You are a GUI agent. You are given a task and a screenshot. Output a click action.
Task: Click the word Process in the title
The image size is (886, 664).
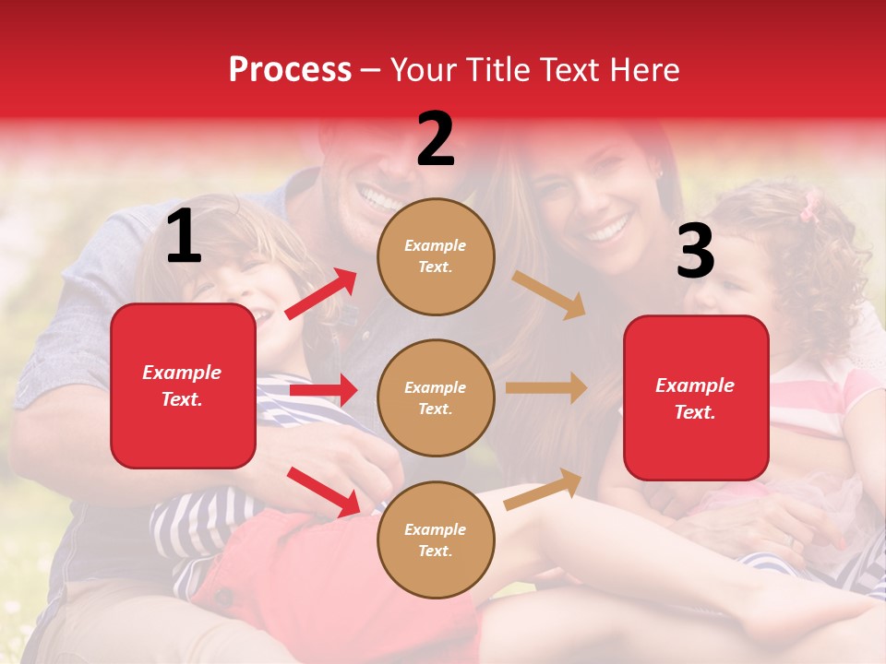290,69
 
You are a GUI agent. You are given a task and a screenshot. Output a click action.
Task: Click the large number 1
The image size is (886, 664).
184,237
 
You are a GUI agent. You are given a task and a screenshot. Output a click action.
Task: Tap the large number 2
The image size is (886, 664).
436,139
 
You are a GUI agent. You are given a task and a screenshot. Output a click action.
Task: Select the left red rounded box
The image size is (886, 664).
183,385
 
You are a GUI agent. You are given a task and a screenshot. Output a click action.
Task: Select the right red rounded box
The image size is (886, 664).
696,397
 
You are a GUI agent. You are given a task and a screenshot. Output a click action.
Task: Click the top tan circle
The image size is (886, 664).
436,256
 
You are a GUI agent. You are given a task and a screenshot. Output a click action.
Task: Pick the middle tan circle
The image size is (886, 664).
436,397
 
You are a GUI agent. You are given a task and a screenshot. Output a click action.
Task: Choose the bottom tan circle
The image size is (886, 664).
436,539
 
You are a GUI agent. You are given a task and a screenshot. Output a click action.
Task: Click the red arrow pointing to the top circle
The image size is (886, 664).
321,294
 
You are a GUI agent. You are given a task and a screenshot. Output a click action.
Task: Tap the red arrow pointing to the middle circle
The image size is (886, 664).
323,390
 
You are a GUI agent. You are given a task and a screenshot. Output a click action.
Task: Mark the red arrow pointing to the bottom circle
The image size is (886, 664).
323,492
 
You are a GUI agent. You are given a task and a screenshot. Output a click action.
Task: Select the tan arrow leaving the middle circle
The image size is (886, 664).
546,388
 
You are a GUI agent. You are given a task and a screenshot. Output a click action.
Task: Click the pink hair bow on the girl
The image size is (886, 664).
810,207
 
